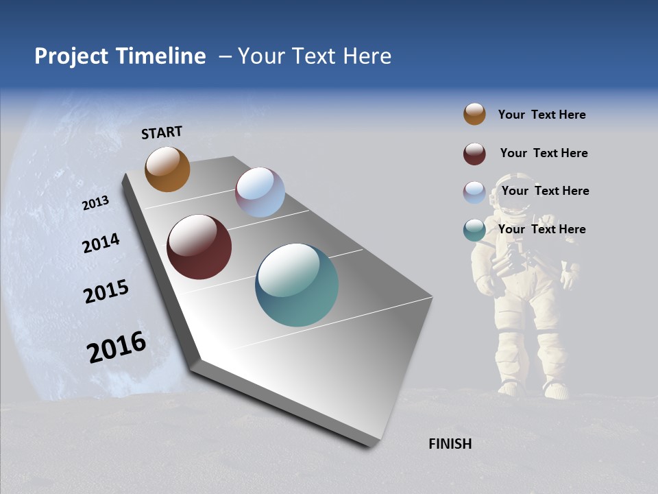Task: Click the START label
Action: tap(162, 132)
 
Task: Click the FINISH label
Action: tap(450, 444)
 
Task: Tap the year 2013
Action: tap(95, 203)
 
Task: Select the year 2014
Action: tap(101, 244)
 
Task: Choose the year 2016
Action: tap(117, 347)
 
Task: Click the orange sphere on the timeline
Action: tap(167, 169)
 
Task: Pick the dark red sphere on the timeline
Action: tap(199, 247)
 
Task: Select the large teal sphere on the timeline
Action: tap(297, 285)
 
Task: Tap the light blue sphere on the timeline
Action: tap(260, 192)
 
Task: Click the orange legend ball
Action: tap(474, 114)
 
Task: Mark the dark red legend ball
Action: tap(474, 154)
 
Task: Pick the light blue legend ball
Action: tap(474, 192)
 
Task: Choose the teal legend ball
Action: tap(474, 231)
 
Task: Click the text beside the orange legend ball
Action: tap(541, 115)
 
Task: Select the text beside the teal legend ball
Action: tap(541, 229)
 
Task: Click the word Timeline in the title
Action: tap(161, 56)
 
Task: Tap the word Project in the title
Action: tap(71, 56)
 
